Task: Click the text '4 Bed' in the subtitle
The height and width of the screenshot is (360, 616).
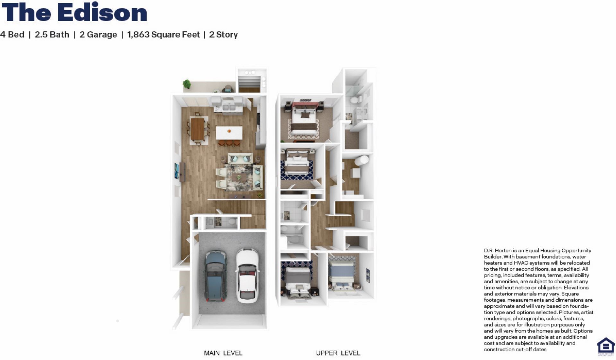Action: pyautogui.click(x=12, y=35)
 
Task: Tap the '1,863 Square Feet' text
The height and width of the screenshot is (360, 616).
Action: pyautogui.click(x=163, y=35)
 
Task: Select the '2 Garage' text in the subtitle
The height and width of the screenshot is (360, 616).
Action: pyautogui.click(x=98, y=35)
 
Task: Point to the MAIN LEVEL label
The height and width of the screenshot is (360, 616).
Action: pyautogui.click(x=223, y=353)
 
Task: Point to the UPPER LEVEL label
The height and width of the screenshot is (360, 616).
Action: pyautogui.click(x=338, y=353)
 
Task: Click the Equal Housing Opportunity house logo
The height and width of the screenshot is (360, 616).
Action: pyautogui.click(x=606, y=346)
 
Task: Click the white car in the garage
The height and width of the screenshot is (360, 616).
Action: pyautogui.click(x=247, y=276)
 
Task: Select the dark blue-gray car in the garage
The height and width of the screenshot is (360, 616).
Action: pyautogui.click(x=216, y=276)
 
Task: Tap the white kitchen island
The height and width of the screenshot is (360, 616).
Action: pyautogui.click(x=229, y=133)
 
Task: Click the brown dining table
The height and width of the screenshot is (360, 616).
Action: pyautogui.click(x=197, y=129)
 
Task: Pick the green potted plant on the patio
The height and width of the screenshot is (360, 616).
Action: pyautogui.click(x=187, y=84)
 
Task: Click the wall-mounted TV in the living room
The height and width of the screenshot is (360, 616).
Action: pyautogui.click(x=176, y=171)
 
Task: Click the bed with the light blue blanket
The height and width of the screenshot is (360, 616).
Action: pyautogui.click(x=342, y=275)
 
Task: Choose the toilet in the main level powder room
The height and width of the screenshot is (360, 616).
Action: pyautogui.click(x=233, y=221)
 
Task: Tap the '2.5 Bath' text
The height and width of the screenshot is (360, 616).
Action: pyautogui.click(x=52, y=35)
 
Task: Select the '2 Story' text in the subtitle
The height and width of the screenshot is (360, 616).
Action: pyautogui.click(x=223, y=35)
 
